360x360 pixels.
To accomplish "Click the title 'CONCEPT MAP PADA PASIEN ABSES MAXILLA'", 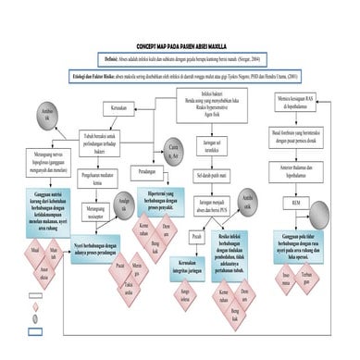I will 180,44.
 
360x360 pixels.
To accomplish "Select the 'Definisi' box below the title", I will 180,57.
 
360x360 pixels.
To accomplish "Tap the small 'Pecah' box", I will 196,236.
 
